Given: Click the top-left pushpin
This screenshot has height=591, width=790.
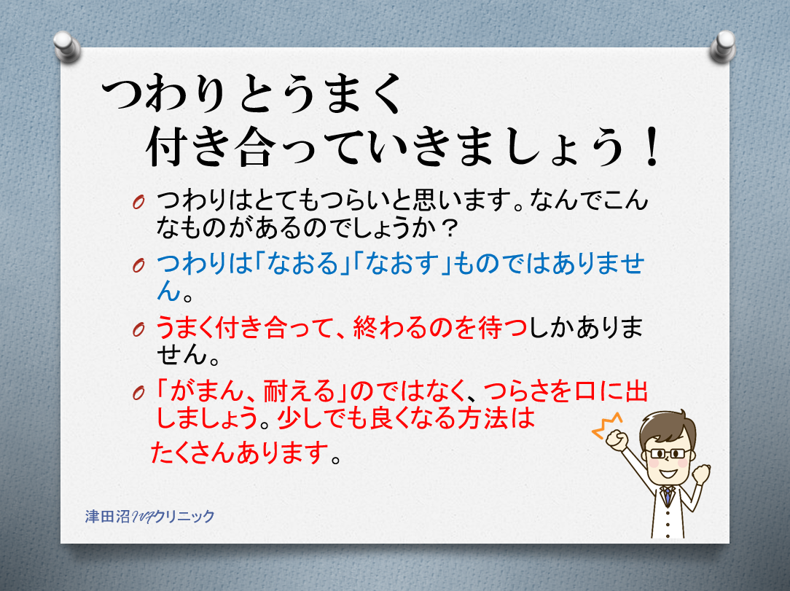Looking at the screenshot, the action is click(x=67, y=47).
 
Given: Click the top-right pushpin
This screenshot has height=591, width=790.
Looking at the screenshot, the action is click(x=723, y=47).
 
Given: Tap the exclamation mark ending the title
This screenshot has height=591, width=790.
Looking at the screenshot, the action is click(x=652, y=146).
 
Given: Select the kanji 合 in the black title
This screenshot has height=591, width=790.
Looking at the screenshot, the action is click(x=258, y=146).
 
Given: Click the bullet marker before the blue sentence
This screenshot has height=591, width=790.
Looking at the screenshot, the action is click(x=138, y=265).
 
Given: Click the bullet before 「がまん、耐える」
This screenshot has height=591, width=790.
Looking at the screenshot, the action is click(x=138, y=393).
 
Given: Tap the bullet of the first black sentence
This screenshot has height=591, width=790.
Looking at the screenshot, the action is click(x=138, y=202).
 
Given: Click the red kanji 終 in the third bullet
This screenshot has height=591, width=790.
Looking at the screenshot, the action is click(x=365, y=327).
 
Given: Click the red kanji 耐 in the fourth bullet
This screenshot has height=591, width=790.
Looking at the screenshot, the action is click(x=276, y=391).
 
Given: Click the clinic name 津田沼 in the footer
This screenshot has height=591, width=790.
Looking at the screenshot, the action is click(x=107, y=517).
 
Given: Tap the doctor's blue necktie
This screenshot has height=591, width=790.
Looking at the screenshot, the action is click(x=668, y=495).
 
